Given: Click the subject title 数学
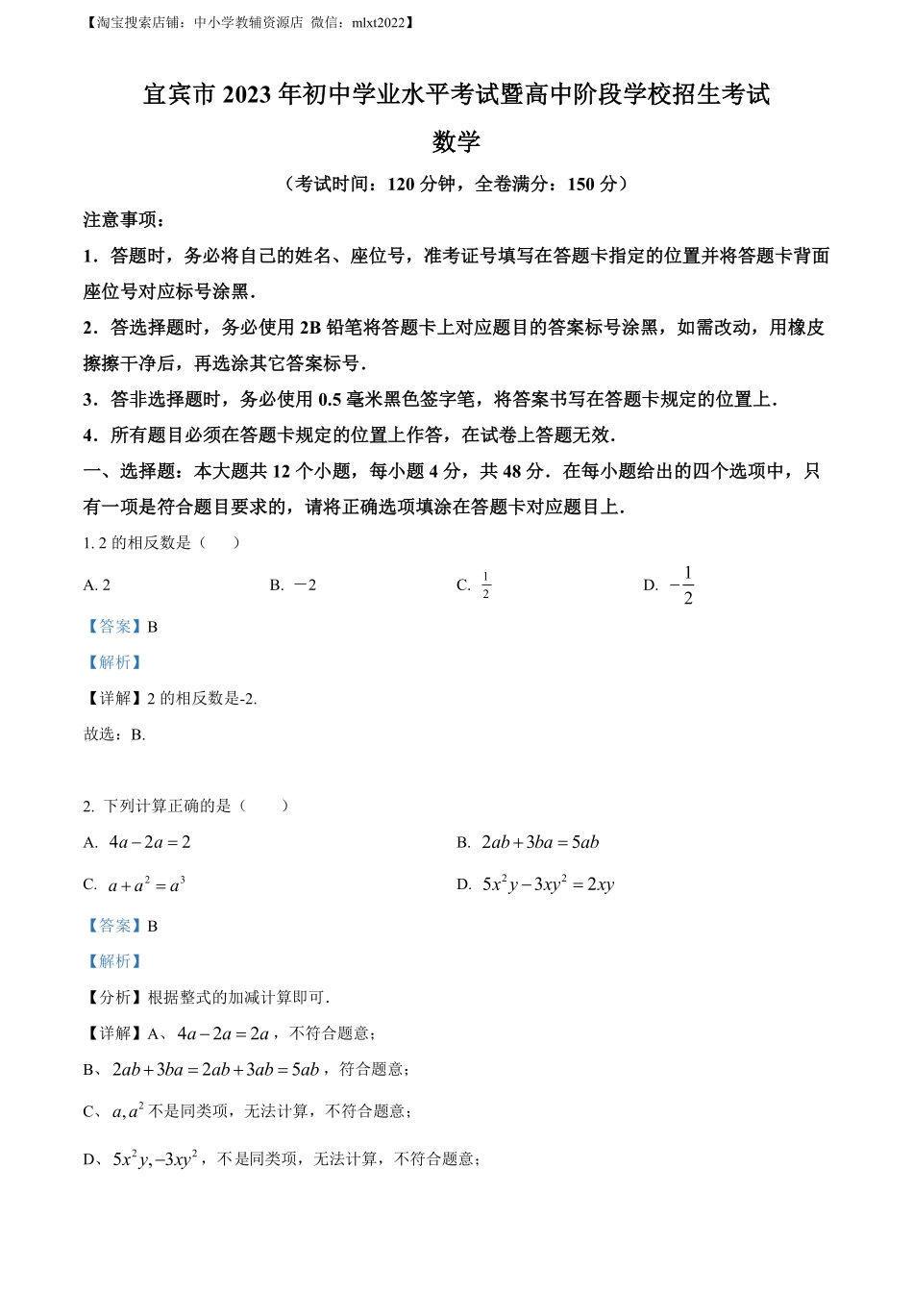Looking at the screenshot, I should pyautogui.click(x=456, y=142).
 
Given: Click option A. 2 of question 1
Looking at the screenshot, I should pyautogui.click(x=97, y=585).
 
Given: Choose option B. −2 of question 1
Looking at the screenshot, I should pyautogui.click(x=293, y=585).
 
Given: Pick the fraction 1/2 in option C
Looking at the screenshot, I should pyautogui.click(x=485, y=585).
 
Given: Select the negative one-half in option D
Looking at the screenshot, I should pyautogui.click(x=681, y=585).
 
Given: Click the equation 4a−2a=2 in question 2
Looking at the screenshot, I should pyautogui.click(x=150, y=843).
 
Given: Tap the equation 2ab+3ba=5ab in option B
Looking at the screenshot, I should pyautogui.click(x=540, y=843).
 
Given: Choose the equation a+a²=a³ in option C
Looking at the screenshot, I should pyautogui.click(x=146, y=885).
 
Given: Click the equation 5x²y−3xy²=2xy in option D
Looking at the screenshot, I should pyautogui.click(x=548, y=885).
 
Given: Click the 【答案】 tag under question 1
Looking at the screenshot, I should pyautogui.click(x=114, y=627).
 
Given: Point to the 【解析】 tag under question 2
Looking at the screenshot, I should pyautogui.click(x=114, y=961).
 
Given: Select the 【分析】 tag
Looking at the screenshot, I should pyautogui.click(x=114, y=998).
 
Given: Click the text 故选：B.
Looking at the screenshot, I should pyautogui.click(x=114, y=734).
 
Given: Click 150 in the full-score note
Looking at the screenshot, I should pyautogui.click(x=581, y=184).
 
